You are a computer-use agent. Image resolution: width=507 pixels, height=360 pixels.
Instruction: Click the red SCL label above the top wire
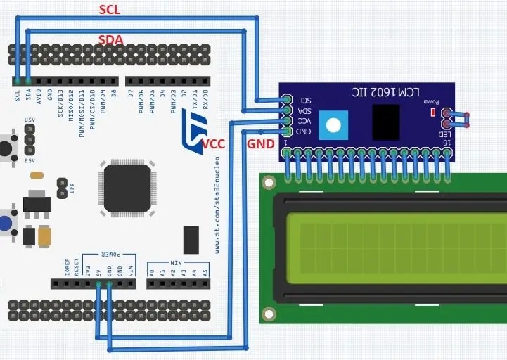pyautogui.click(x=109, y=9)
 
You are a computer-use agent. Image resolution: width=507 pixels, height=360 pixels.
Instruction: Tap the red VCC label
pyautogui.click(x=213, y=143)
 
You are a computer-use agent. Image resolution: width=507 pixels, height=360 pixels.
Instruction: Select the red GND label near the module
pyautogui.click(x=259, y=143)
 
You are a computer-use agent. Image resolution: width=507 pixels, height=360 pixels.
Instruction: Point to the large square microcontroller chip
pyautogui.click(x=127, y=188)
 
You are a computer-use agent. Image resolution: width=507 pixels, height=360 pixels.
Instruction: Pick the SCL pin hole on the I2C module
pyautogui.click(x=286, y=100)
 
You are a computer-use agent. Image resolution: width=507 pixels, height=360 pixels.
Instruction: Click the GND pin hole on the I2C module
pyautogui.click(x=286, y=131)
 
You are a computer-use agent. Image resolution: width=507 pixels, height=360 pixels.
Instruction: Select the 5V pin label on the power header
pyautogui.click(x=98, y=270)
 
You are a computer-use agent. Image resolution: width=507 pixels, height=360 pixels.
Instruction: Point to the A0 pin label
pyautogui.click(x=151, y=270)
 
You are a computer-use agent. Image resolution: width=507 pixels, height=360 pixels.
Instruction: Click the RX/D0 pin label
pyautogui.click(x=205, y=96)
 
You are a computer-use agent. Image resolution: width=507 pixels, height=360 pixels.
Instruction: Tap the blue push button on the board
pyautogui.click(x=6, y=223)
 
